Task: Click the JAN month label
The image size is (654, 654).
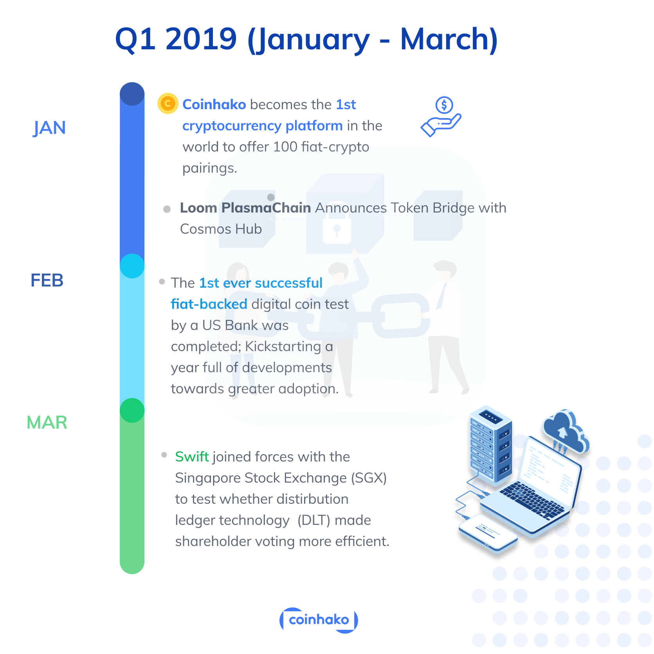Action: [x=49, y=128]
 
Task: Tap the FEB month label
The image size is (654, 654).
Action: [x=47, y=280]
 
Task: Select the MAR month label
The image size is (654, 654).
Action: [x=47, y=422]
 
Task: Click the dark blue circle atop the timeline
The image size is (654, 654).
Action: [x=132, y=94]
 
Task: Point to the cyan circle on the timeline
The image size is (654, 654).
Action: [x=132, y=266]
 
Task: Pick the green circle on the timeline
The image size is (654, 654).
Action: [x=132, y=410]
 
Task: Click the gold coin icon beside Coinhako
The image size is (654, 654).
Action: [x=168, y=104]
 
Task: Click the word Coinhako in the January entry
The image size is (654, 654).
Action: [x=214, y=104]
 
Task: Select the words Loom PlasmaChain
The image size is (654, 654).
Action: [x=245, y=208]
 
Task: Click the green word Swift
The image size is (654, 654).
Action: [x=192, y=457]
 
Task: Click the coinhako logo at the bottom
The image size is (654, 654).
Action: [x=319, y=620]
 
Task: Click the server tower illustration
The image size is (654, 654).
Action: [x=491, y=444]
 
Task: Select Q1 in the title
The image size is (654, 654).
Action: [x=135, y=39]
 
